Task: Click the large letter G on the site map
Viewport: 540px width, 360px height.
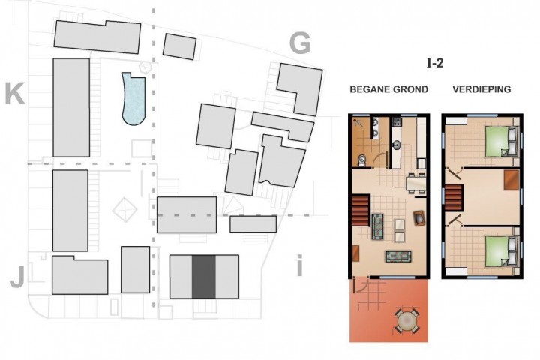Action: coord(300,43)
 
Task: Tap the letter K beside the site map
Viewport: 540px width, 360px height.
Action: coord(15,94)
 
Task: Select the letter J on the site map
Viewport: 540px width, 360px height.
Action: coord(17,277)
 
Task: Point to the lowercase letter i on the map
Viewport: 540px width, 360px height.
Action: coord(299,265)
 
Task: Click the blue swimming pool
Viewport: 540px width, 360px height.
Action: coord(133,99)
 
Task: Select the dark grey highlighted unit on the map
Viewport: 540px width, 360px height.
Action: coord(203,277)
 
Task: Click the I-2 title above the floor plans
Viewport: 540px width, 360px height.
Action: coord(435,63)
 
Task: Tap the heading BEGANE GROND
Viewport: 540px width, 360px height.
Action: coord(388,89)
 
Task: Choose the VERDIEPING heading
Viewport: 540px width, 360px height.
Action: coord(481,89)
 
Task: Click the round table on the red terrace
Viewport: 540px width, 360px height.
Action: coord(407,320)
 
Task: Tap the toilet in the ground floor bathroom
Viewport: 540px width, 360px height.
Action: coord(362,160)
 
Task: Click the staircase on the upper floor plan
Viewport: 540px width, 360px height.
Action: coord(454,198)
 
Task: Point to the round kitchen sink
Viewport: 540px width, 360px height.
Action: coord(397,145)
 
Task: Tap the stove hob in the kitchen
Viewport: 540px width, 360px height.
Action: coord(397,121)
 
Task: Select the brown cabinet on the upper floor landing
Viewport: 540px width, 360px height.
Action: coord(511,180)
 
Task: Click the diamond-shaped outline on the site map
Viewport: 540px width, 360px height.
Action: coord(124,209)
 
